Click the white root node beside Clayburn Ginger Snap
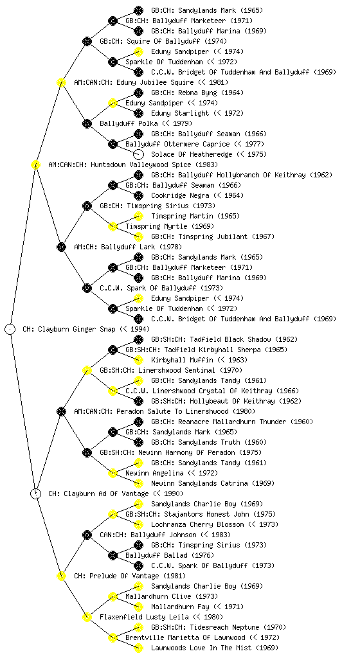(10, 329)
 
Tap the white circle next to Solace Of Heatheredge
(138, 154)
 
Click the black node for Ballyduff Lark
(61, 247)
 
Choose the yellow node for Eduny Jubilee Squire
(61, 82)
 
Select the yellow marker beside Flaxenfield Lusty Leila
(87, 617)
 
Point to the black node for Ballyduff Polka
(87, 123)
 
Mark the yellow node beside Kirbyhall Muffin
(138, 360)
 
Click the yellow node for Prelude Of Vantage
(61, 576)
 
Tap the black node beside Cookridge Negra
(138, 195)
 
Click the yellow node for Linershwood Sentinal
(87, 370)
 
